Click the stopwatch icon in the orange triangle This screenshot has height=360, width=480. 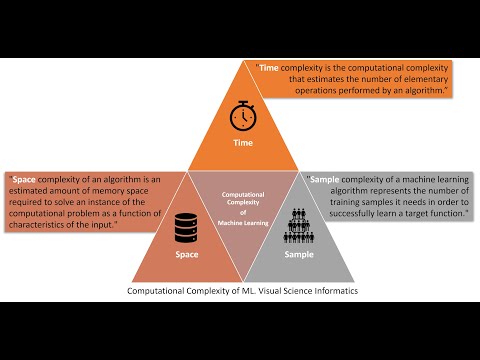pos(241,116)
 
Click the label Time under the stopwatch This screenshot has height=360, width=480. pos(241,143)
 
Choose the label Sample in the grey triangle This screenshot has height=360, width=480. pos(297,254)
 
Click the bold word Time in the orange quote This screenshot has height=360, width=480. pos(270,68)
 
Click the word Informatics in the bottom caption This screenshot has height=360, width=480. pos(326,292)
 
